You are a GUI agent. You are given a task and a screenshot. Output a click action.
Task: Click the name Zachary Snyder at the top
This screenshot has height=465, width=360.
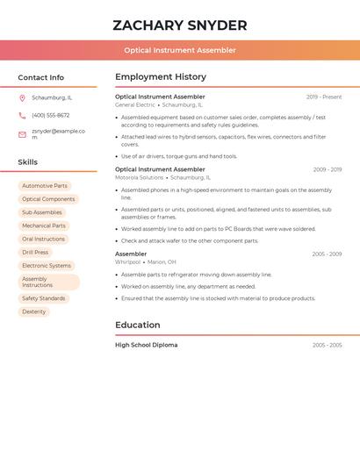click(x=180, y=25)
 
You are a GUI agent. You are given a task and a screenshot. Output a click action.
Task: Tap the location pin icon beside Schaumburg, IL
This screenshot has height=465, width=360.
click(x=22, y=97)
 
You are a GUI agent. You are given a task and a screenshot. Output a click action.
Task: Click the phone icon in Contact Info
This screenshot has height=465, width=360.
click(x=22, y=116)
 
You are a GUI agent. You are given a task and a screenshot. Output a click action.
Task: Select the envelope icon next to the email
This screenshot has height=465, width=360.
click(x=22, y=134)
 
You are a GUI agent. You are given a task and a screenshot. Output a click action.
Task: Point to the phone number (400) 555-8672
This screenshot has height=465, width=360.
click(x=50, y=116)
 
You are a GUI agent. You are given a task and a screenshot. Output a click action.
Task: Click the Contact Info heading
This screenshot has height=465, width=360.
click(x=40, y=77)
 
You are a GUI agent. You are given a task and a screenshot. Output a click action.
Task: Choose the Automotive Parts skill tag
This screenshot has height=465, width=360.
click(x=45, y=186)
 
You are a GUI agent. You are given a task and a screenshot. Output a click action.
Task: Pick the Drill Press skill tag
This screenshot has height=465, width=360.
click(x=35, y=252)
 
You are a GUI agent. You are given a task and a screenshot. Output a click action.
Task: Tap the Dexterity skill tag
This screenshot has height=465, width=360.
click(x=34, y=311)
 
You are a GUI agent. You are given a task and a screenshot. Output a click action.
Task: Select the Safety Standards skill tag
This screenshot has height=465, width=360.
click(x=44, y=298)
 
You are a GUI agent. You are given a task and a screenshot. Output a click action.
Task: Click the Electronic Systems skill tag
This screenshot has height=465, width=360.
click(x=47, y=265)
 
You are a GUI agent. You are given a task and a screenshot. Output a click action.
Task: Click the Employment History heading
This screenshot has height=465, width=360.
click(x=161, y=77)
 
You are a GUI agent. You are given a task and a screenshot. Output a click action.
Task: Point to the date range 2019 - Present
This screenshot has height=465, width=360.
click(x=324, y=97)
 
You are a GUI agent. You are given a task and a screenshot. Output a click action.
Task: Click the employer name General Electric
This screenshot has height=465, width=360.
click(x=135, y=104)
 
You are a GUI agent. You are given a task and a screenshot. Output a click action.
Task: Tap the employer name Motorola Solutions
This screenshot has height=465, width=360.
click(x=140, y=177)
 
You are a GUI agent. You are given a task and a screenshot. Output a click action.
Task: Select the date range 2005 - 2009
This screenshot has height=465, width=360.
click(x=327, y=254)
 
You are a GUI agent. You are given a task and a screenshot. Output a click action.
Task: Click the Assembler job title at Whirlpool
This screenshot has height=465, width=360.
click(x=131, y=254)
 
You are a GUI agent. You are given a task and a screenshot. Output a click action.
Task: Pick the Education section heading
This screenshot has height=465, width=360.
click(x=138, y=325)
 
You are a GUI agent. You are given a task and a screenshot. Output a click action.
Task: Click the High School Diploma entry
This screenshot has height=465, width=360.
click(x=146, y=345)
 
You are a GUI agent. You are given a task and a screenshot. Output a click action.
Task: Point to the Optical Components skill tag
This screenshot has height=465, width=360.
click(x=48, y=199)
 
